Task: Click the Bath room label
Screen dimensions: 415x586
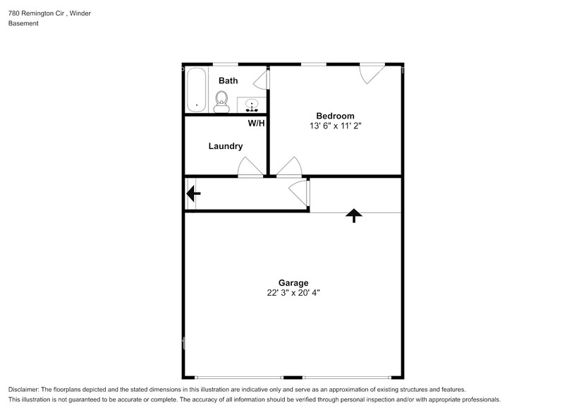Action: (x=228, y=81)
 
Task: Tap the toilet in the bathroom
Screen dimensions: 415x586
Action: (x=222, y=102)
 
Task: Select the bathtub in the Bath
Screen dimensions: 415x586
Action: (x=196, y=90)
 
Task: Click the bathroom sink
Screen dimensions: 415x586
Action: (x=252, y=106)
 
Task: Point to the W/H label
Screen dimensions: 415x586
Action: (x=256, y=124)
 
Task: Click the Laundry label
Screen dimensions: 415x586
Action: (x=226, y=146)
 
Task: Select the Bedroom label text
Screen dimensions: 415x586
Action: (x=335, y=116)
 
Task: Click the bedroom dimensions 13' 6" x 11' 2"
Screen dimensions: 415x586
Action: (x=335, y=126)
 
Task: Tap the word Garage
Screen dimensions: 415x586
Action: (x=293, y=282)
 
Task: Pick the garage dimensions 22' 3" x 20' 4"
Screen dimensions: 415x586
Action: (x=293, y=293)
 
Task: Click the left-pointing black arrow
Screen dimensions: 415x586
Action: (x=193, y=193)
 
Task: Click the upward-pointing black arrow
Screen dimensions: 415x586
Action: (x=353, y=216)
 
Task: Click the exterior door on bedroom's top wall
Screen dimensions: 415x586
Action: (x=372, y=73)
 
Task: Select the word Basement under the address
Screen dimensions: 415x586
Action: (x=23, y=23)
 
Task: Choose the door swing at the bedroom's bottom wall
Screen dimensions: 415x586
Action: (x=289, y=167)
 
